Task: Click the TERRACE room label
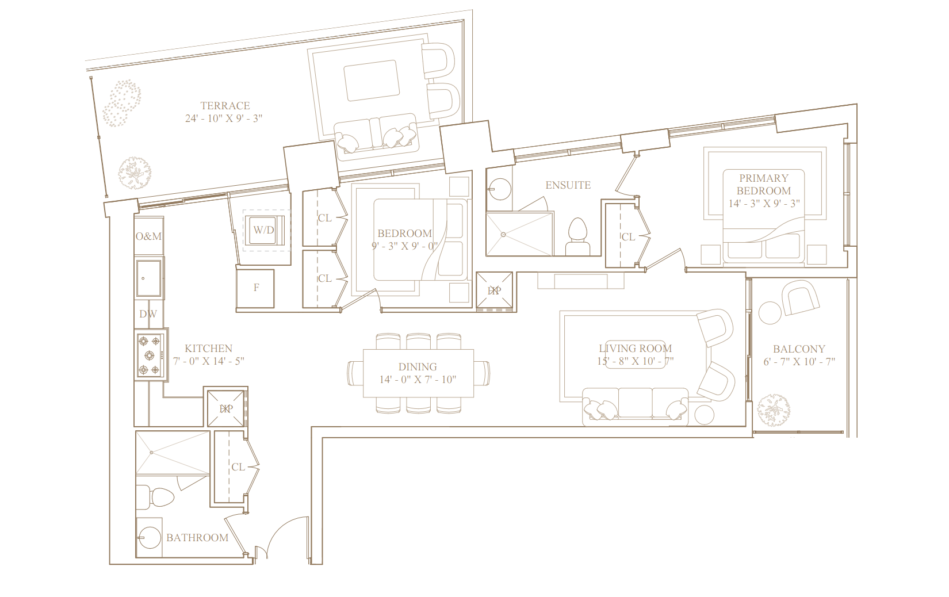225,105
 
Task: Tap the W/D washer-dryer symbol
263,230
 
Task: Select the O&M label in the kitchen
149,236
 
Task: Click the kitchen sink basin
148,278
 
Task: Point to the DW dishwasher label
148,314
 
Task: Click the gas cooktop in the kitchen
150,355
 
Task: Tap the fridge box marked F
255,289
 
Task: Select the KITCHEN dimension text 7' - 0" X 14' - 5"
208,361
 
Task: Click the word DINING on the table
418,367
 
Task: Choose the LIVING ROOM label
636,349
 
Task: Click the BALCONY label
799,349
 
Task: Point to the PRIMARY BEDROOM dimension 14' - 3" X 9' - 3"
764,204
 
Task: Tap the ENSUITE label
568,185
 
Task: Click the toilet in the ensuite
578,236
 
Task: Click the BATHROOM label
197,538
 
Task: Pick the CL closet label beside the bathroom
238,468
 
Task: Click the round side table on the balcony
770,313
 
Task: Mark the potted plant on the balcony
774,410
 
